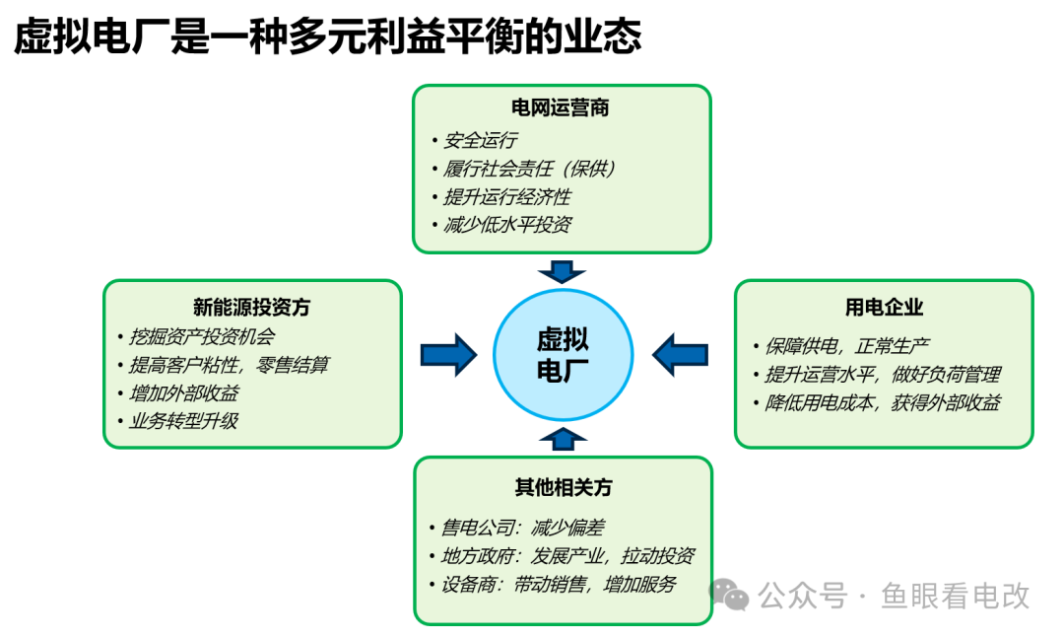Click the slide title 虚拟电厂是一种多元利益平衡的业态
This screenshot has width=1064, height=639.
coord(327,37)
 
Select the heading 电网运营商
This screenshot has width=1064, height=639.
coord(560,108)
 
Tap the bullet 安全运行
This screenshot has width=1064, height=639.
coord(481,140)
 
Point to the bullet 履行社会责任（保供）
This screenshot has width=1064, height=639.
coord(530,169)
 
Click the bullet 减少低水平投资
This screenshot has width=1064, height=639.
coord(507,225)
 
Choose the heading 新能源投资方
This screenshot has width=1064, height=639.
coord(251,308)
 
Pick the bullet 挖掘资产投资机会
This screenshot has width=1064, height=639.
coord(202,335)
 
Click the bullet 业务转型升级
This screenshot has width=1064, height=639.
coord(183,421)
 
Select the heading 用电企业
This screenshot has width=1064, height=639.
coord(884,308)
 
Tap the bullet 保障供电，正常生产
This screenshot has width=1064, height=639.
coord(847,346)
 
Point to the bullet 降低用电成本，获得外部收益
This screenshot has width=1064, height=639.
coord(883,402)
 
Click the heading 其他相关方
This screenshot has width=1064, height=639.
coord(563,488)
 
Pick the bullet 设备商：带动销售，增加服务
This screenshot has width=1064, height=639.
coord(559,584)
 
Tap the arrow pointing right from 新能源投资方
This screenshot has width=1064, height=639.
coord(448,354)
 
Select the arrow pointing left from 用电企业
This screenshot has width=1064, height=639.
coord(681,354)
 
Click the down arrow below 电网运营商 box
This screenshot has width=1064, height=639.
coord(563,271)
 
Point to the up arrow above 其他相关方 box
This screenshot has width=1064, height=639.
coord(563,438)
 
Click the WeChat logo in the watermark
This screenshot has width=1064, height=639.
coord(730,594)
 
